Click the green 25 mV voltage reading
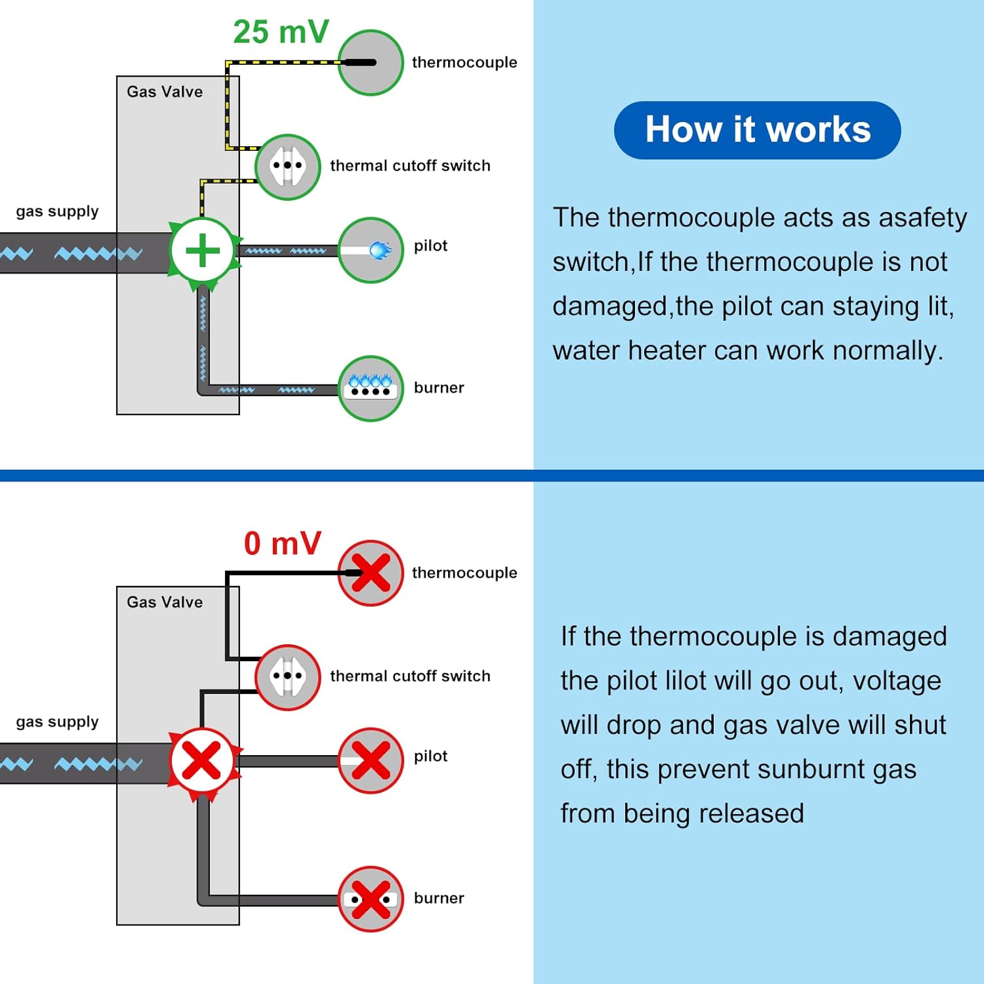(x=281, y=31)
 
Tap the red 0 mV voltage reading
(x=283, y=543)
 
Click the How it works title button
(x=757, y=130)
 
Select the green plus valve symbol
(x=203, y=251)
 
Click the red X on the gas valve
(x=202, y=761)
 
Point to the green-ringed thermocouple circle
(x=371, y=62)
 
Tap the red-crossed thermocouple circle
(x=371, y=573)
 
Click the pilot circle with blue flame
(x=371, y=250)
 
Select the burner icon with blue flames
(x=371, y=388)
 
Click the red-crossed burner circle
(x=371, y=899)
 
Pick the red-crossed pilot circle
(x=371, y=760)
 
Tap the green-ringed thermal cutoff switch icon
(x=287, y=167)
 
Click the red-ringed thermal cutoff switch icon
(x=287, y=677)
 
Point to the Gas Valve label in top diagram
(x=165, y=92)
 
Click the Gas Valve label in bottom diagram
(x=165, y=602)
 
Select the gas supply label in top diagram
(x=57, y=212)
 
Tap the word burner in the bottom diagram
(x=439, y=898)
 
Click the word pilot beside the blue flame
(x=430, y=246)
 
